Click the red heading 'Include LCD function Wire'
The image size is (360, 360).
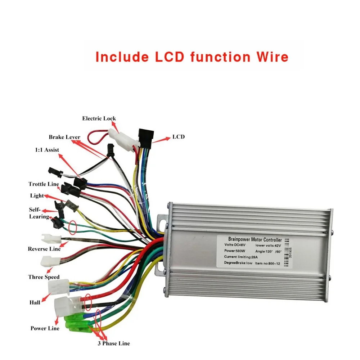pyautogui.click(x=192, y=57)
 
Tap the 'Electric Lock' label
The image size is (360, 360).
pyautogui.click(x=99, y=118)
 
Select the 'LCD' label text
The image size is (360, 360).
pyautogui.click(x=179, y=137)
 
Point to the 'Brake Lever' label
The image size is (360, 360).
pyautogui.click(x=64, y=137)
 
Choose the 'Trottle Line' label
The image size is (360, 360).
pyautogui.click(x=44, y=184)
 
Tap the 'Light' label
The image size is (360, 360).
pyautogui.click(x=37, y=195)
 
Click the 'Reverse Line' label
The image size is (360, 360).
pyautogui.click(x=44, y=249)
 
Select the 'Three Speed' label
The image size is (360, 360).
pyautogui.click(x=44, y=277)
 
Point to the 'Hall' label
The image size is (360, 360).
pyautogui.click(x=35, y=302)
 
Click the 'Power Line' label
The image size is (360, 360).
pyautogui.click(x=45, y=328)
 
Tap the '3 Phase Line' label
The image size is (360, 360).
pyautogui.click(x=113, y=343)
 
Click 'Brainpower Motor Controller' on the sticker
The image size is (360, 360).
pyautogui.click(x=255, y=239)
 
